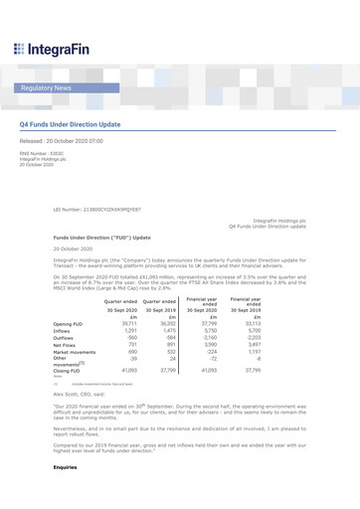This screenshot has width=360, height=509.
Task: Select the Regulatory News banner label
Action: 46,88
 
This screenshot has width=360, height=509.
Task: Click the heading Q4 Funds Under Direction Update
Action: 70,125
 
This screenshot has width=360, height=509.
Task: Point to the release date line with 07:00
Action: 61,142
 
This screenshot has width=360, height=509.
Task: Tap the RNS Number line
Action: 42,154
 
